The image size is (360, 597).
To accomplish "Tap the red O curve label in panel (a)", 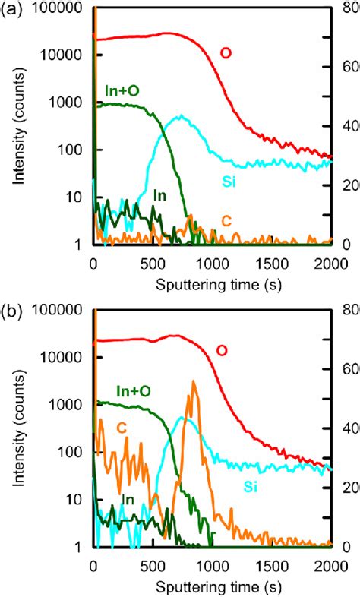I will (226, 52).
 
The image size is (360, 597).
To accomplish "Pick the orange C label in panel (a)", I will (226, 220).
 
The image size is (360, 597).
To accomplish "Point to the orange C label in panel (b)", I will (121, 428).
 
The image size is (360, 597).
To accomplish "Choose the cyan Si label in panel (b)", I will (251, 486).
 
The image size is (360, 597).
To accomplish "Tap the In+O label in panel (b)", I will (134, 390).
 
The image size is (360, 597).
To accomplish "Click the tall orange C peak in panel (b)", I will (193, 382).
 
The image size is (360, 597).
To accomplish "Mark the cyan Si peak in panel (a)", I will (180, 116).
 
